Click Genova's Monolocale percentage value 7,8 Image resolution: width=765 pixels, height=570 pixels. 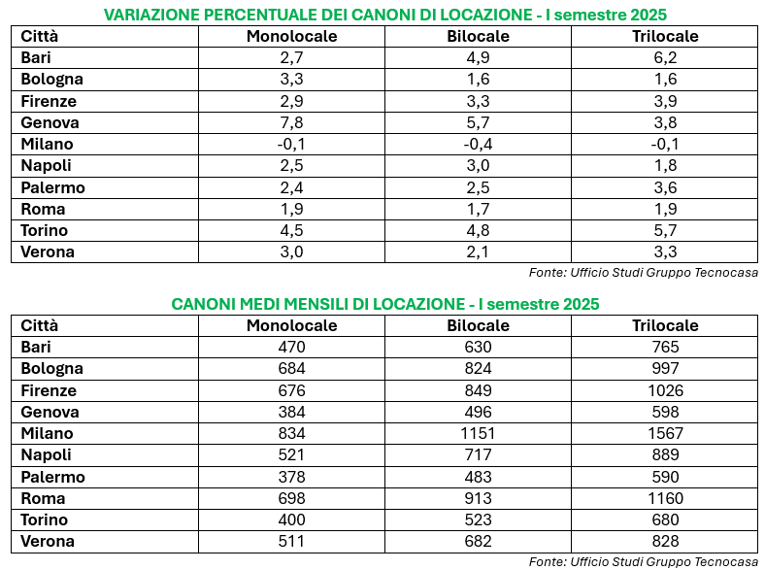291,123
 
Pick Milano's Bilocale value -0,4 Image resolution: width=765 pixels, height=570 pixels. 478,145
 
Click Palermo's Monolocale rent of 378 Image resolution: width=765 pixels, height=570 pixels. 291,478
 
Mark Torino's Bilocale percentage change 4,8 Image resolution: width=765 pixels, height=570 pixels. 478,231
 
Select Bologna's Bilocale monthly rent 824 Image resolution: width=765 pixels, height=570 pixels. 478,369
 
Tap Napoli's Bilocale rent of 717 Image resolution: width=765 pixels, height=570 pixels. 478,455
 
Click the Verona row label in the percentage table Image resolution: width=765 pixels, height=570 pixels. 48,252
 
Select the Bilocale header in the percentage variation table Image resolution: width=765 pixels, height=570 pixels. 478,37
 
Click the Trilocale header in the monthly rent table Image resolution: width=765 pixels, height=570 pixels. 665,326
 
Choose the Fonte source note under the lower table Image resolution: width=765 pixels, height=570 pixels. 643,562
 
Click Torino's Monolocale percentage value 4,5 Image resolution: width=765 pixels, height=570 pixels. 291,231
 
